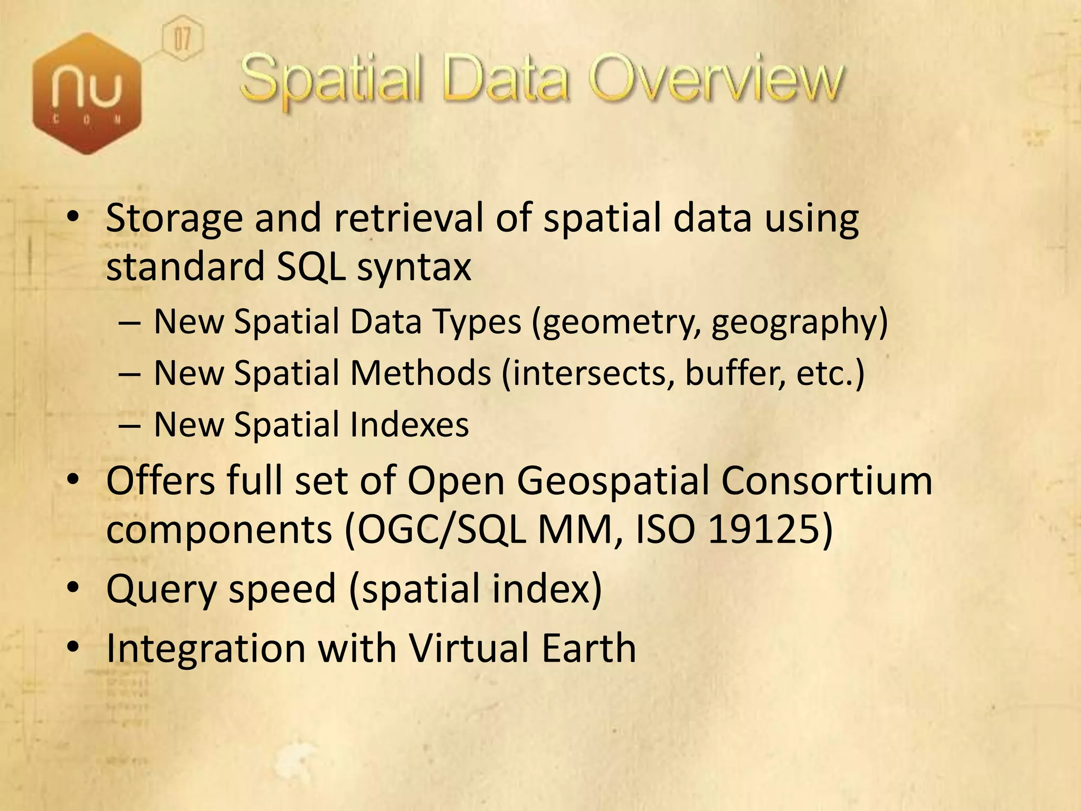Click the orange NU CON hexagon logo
(87, 93)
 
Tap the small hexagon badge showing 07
(182, 40)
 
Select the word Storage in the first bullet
(174, 220)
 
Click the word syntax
(413, 267)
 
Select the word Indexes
(409, 425)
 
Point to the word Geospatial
(613, 482)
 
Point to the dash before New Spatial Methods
(129, 373)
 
